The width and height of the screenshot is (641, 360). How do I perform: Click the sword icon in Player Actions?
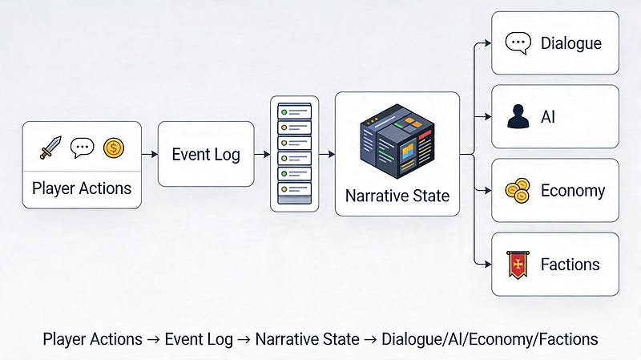click(50, 148)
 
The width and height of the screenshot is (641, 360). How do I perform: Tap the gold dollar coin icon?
click(114, 148)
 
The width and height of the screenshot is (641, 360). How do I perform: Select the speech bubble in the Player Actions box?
click(83, 148)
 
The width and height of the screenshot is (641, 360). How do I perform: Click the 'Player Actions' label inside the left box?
click(82, 188)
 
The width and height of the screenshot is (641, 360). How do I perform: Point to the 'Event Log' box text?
click(206, 155)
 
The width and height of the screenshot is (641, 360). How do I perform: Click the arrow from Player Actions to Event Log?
click(150, 154)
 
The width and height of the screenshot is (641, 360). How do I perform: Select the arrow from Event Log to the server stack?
click(262, 154)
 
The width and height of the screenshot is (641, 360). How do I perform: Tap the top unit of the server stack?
click(294, 111)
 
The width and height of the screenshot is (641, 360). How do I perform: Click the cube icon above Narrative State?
click(397, 141)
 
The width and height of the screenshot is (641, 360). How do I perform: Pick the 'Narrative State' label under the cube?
click(397, 196)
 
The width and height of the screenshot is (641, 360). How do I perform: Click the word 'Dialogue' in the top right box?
click(571, 43)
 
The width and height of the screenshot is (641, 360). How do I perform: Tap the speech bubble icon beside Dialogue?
click(518, 43)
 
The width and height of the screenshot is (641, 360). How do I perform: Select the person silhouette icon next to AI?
click(518, 116)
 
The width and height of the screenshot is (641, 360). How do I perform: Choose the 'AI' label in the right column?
click(548, 117)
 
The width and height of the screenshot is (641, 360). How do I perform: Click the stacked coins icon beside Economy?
click(518, 191)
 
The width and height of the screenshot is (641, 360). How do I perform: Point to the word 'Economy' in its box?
click(573, 191)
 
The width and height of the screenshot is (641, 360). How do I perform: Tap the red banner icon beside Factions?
click(518, 265)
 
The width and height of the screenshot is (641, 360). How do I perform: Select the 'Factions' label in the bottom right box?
click(570, 265)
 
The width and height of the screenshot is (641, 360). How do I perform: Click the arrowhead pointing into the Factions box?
click(488, 265)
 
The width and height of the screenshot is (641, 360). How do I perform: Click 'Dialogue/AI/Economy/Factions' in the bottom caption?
click(490, 339)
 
